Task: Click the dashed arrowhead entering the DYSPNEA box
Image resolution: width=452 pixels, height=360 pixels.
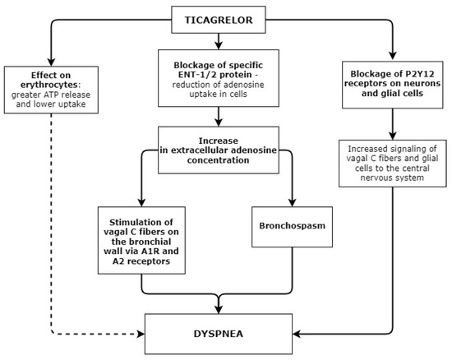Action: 141,334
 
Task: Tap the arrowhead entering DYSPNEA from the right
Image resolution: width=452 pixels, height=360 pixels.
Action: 297,334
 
